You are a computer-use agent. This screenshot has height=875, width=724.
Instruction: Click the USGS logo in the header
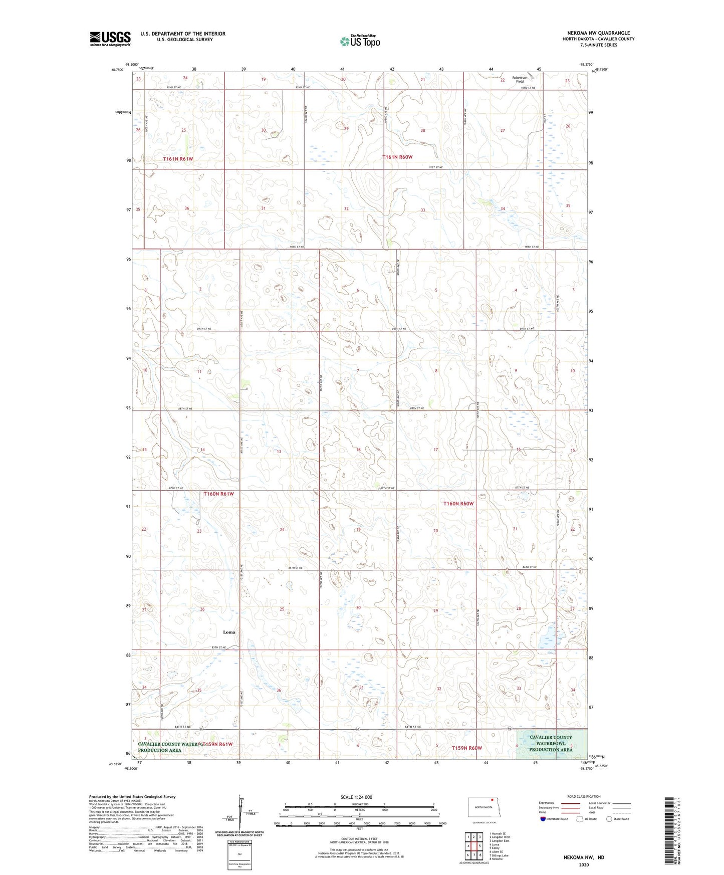point(110,39)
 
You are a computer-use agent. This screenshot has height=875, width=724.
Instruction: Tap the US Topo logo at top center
point(360,41)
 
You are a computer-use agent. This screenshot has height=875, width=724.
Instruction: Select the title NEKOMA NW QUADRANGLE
point(599,33)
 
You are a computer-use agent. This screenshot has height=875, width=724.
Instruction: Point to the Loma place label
point(229,632)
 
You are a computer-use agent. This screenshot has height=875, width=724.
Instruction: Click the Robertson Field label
point(520,79)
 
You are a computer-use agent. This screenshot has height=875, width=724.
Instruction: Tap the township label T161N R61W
point(178,159)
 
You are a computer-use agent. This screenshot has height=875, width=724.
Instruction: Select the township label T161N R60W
point(397,157)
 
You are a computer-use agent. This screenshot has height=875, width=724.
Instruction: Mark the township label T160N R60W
point(458,503)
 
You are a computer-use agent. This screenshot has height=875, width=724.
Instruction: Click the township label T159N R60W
point(466,748)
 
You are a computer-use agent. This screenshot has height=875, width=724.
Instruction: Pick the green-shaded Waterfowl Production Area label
point(551,743)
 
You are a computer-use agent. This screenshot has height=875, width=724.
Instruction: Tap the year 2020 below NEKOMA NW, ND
point(584,864)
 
